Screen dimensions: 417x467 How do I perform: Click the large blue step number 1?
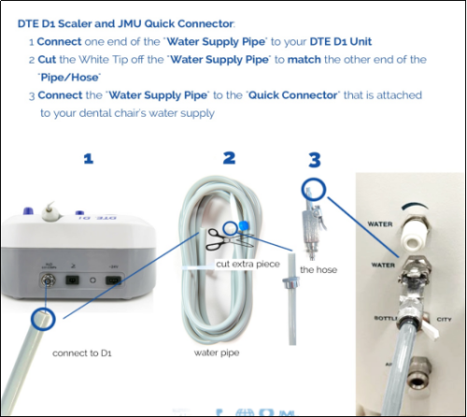coord(89,158)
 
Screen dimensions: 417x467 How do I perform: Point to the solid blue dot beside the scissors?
coord(245,225)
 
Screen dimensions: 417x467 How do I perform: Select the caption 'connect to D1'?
coord(82,352)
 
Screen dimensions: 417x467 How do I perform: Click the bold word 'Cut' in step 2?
coord(50,59)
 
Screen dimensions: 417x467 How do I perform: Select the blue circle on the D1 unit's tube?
coord(42,319)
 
